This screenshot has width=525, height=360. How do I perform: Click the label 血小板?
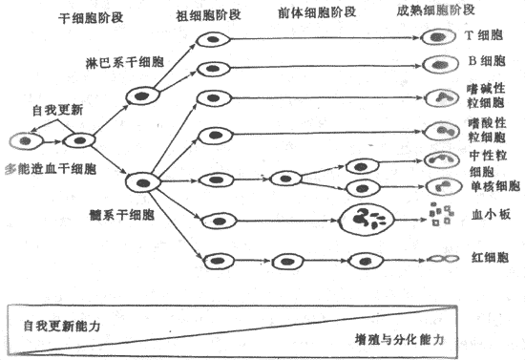486,215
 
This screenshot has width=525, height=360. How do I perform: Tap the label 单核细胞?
494,185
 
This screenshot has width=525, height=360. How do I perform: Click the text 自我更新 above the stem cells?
56,110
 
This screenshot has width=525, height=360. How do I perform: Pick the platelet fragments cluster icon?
441,216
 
